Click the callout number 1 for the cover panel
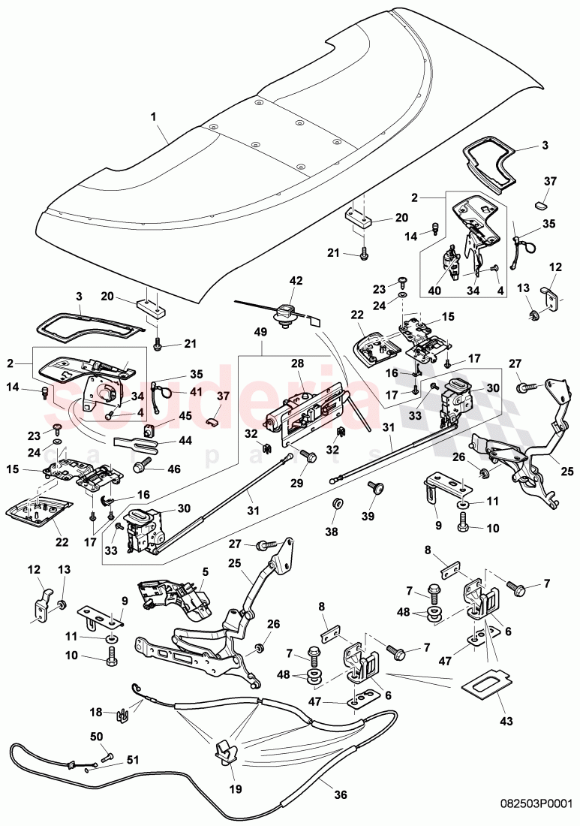point(154,118)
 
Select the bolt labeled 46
point(140,467)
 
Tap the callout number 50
point(96,737)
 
